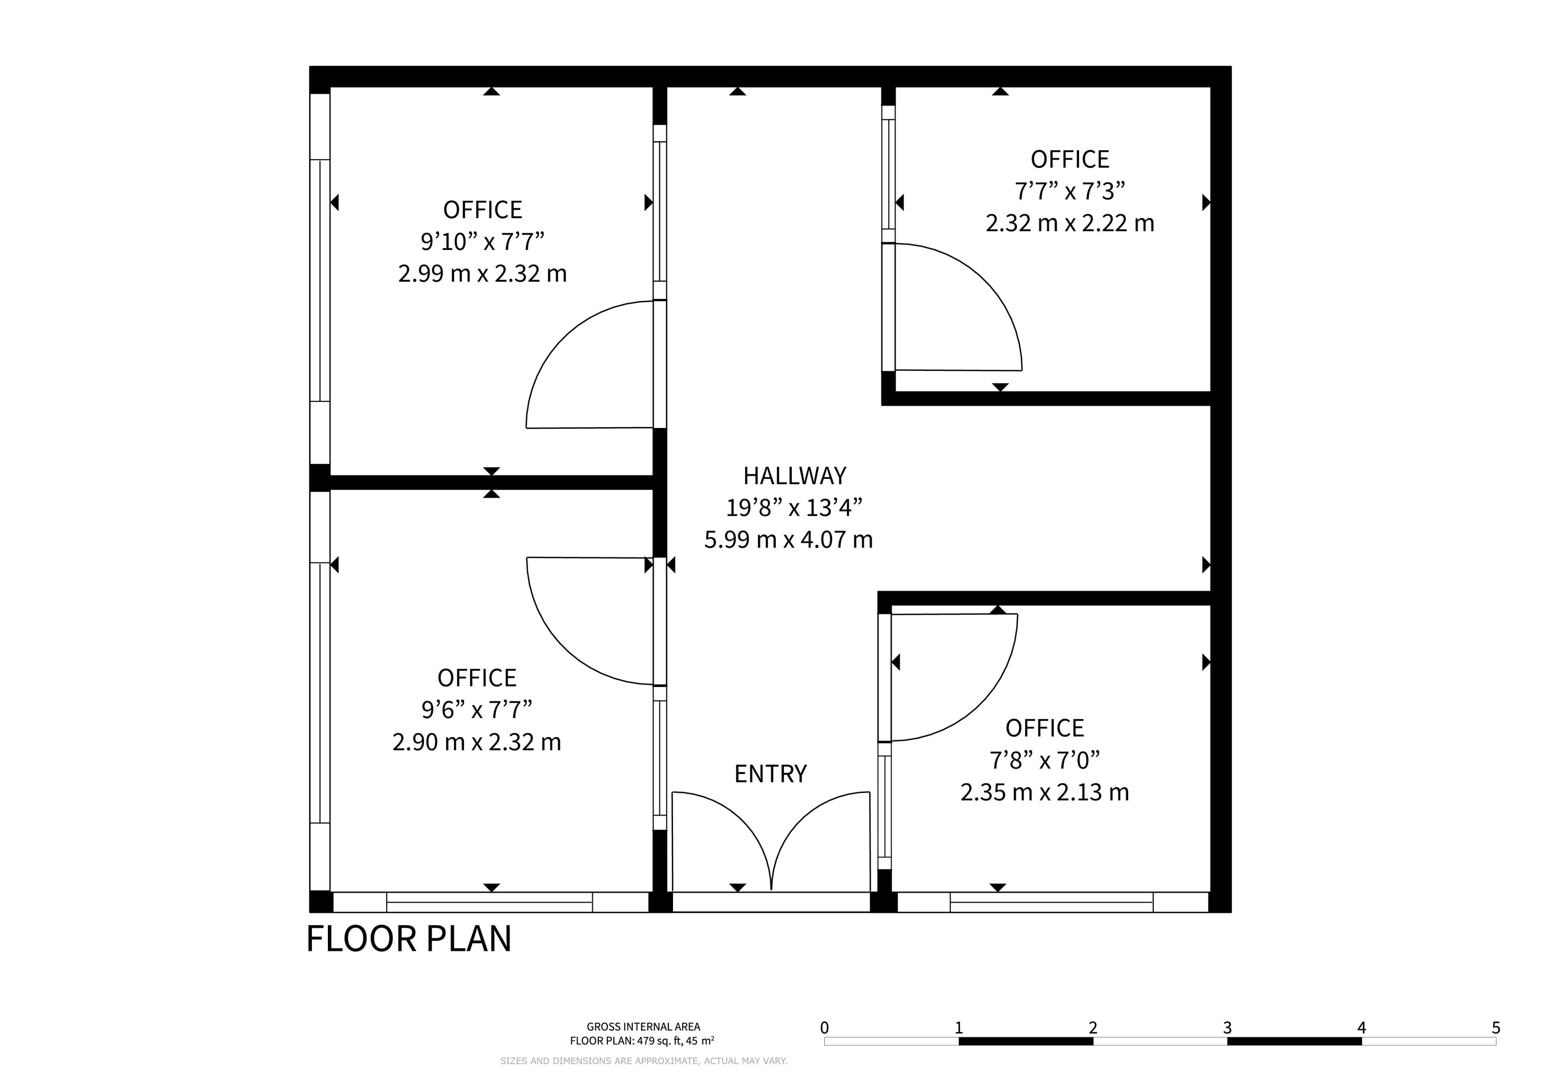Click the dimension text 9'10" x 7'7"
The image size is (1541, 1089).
pyautogui.click(x=483, y=241)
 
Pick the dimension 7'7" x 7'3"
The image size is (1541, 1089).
pyautogui.click(x=1070, y=191)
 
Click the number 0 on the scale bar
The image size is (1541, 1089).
pyautogui.click(x=824, y=1028)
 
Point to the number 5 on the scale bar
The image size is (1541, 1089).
pyautogui.click(x=1496, y=1028)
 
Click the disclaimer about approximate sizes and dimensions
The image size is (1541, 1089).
pyautogui.click(x=644, y=1061)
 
